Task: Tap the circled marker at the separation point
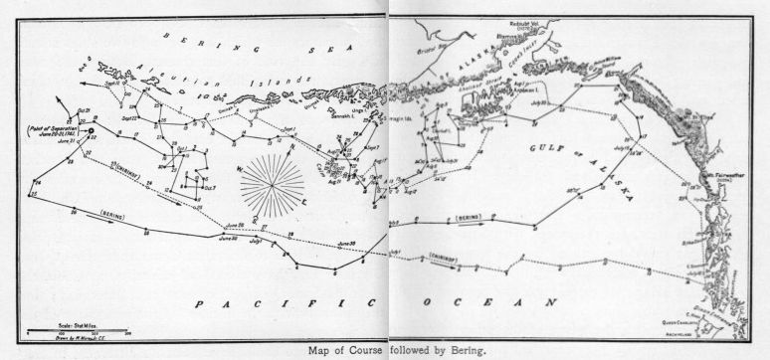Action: pyautogui.click(x=91, y=130)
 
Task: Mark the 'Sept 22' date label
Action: pyautogui.click(x=130, y=117)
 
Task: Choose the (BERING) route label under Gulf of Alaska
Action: pyautogui.click(x=465, y=216)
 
